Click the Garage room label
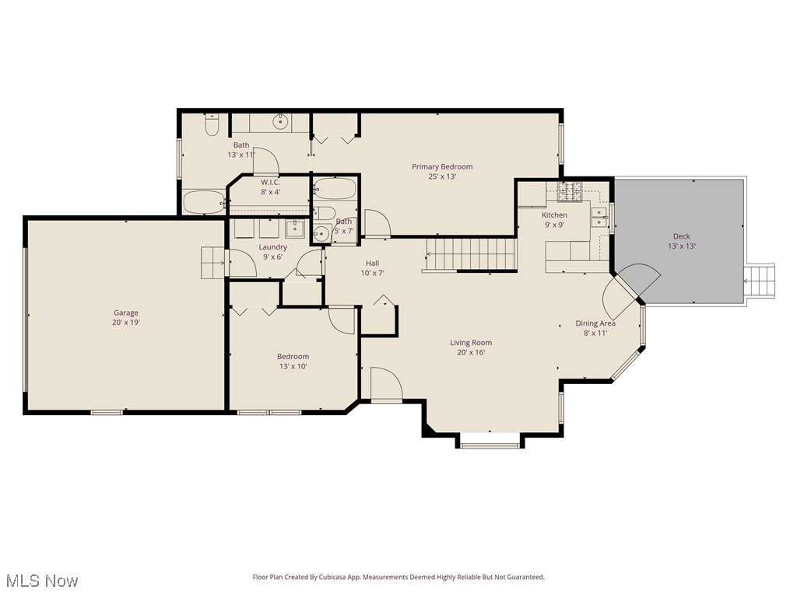point(126,313)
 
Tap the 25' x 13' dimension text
point(442,176)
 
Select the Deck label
point(681,236)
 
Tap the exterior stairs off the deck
point(761,281)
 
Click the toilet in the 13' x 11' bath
point(212,125)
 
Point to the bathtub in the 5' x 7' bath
point(335,189)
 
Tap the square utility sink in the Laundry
point(294,228)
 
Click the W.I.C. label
point(270,182)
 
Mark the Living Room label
point(471,343)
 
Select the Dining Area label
point(595,323)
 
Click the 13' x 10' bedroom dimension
point(293,366)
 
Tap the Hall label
point(372,263)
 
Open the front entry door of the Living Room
point(385,385)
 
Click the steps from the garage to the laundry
point(212,263)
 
